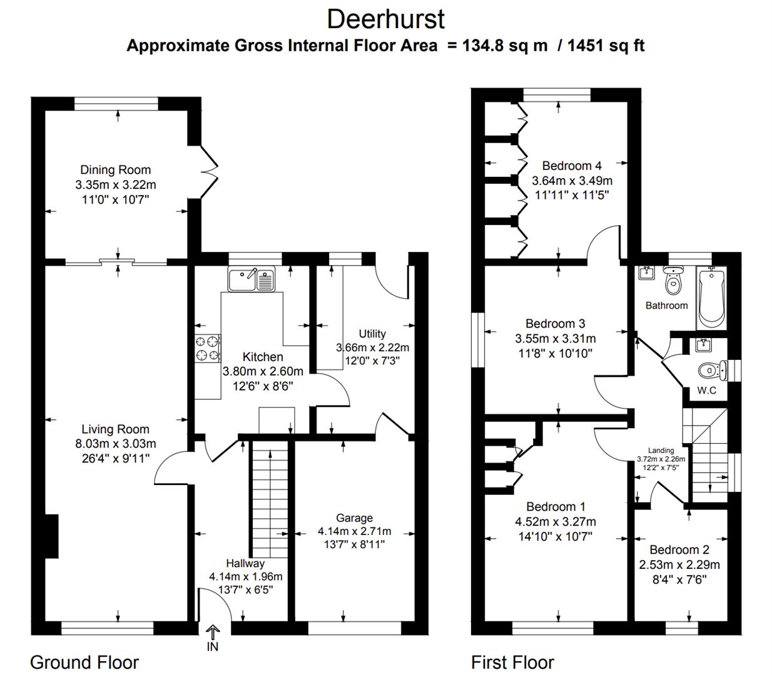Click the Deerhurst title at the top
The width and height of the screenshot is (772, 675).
(385, 19)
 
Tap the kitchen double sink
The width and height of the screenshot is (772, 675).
(251, 279)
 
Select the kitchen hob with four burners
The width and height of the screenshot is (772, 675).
(208, 348)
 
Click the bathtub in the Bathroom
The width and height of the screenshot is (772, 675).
(711, 297)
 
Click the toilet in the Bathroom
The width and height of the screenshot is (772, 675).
(673, 282)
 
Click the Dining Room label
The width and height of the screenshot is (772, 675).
(115, 169)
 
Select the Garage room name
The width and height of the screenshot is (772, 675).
(354, 517)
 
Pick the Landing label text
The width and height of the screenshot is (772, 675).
(661, 450)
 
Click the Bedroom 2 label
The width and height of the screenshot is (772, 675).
(679, 550)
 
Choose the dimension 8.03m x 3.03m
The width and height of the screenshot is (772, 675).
(115, 444)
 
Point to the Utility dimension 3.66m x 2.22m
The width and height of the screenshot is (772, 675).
(372, 347)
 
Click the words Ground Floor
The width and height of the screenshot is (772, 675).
(84, 662)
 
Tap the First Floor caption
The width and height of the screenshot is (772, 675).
(512, 662)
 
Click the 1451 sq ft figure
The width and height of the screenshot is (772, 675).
(606, 46)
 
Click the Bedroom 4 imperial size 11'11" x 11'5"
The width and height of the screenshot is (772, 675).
(572, 194)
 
